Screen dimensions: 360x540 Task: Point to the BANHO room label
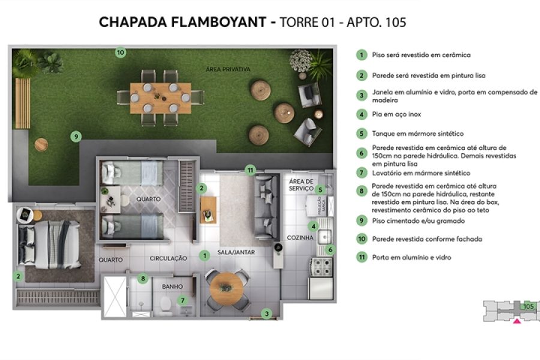click(172, 287)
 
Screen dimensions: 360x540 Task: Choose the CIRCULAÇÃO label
click(168, 258)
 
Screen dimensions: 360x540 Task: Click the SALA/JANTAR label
click(236, 253)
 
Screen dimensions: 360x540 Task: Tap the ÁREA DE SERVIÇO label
click(301, 185)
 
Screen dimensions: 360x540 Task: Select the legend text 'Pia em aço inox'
click(393, 114)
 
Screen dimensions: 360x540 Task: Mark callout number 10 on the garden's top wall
click(120, 52)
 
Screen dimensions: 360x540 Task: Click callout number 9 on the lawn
click(75, 136)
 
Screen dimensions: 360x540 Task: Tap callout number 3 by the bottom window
click(268, 313)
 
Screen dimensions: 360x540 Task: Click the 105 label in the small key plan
click(528, 306)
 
